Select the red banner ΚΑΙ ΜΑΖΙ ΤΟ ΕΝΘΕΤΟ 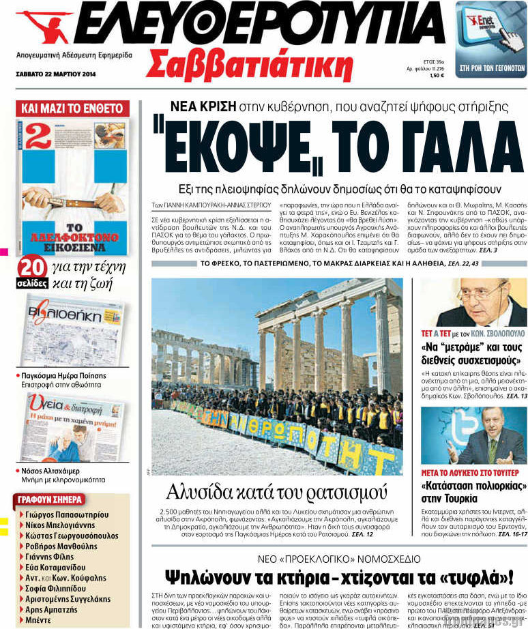pyautogui.click(x=72, y=108)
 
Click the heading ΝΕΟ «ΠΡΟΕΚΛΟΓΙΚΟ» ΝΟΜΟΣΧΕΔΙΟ pyautogui.click(x=330, y=558)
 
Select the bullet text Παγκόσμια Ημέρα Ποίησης pyautogui.click(x=63, y=375)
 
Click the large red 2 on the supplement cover pyautogui.click(x=38, y=136)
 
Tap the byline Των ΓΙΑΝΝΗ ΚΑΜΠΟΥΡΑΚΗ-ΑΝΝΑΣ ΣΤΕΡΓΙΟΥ pyautogui.click(x=211, y=203)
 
